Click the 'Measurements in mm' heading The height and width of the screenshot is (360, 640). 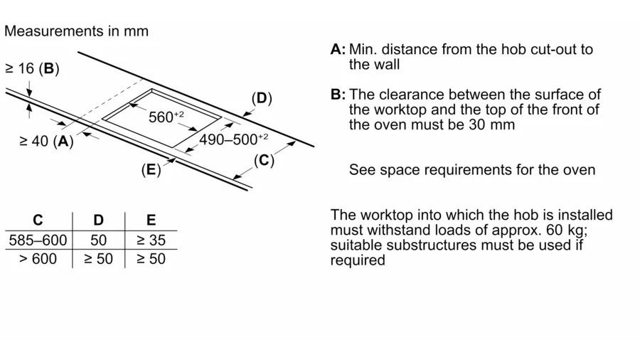click(x=76, y=31)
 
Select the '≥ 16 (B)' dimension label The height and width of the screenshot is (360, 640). click(x=32, y=68)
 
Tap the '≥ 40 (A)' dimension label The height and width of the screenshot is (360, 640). click(x=46, y=141)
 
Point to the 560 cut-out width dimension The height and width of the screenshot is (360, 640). click(x=166, y=117)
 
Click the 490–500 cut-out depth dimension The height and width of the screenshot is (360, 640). click(x=233, y=139)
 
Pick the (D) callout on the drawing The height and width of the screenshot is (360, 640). click(x=262, y=98)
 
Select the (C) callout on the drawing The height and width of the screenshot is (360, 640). click(x=264, y=160)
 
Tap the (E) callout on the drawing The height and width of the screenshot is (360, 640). click(x=151, y=169)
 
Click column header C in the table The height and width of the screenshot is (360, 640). click(x=38, y=221)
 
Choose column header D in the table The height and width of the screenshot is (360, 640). click(x=98, y=221)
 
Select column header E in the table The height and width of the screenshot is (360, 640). click(x=151, y=221)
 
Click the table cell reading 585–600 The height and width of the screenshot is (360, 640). click(x=38, y=240)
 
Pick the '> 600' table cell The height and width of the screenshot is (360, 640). click(x=38, y=259)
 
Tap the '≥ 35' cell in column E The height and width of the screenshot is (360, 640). click(x=151, y=240)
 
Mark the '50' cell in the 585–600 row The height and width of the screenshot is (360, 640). click(x=98, y=240)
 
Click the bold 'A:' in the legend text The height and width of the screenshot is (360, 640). click(x=338, y=49)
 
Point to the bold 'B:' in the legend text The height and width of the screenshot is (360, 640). click(x=338, y=95)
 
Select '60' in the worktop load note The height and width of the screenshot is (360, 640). click(x=555, y=231)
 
